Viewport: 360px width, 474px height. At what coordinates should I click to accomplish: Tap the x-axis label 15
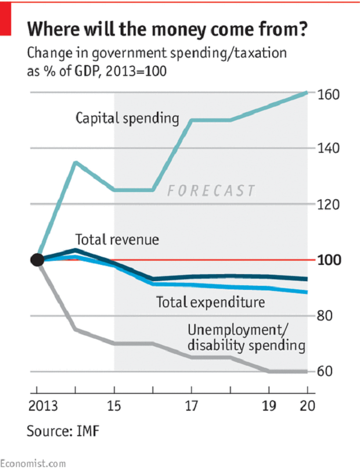tap(114, 405)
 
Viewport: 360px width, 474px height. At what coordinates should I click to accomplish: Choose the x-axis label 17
tap(192, 405)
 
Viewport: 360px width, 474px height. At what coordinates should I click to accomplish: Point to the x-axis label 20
tap(307, 405)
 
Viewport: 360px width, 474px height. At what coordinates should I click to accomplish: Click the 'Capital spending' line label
tap(128, 119)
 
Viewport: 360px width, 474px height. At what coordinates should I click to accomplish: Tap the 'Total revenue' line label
tap(117, 239)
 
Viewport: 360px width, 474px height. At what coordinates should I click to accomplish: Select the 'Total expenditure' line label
tap(210, 302)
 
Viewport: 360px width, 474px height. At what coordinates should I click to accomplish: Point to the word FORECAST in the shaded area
tap(211, 191)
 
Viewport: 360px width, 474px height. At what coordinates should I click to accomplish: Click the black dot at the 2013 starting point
tap(37, 260)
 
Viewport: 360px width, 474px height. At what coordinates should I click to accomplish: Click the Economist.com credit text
tap(33, 463)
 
